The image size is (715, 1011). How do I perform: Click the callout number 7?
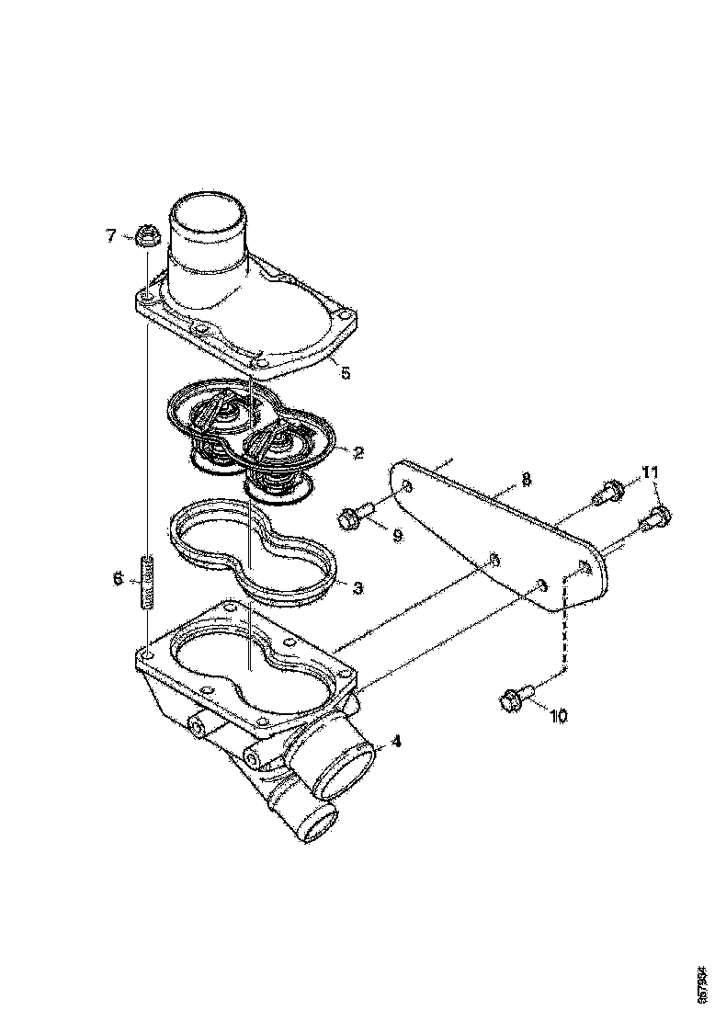click(x=111, y=236)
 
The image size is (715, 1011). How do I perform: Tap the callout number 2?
click(x=358, y=452)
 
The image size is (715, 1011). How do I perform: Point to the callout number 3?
click(x=358, y=585)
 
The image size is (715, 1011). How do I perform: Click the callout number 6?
click(x=118, y=578)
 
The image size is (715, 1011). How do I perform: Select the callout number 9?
click(x=398, y=535)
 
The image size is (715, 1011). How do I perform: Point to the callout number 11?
click(x=651, y=472)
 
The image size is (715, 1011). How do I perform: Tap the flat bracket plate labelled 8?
click(x=496, y=533)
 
